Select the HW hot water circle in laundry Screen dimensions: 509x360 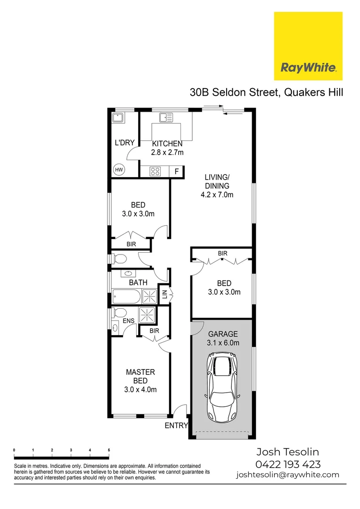pos(119,170)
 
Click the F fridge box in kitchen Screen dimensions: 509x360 pos(177,172)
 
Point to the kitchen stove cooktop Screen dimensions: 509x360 pos(155,172)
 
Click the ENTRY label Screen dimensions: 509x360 pos(176,426)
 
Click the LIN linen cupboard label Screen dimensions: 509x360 pos(164,295)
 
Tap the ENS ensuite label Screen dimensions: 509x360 pos(129,321)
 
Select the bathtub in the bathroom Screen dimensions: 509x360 pos(126,297)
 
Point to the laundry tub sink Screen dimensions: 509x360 pos(118,117)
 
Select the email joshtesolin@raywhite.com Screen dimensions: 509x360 pos(287,475)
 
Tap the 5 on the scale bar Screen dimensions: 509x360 pos(109,450)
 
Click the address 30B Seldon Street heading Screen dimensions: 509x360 pos(266,92)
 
